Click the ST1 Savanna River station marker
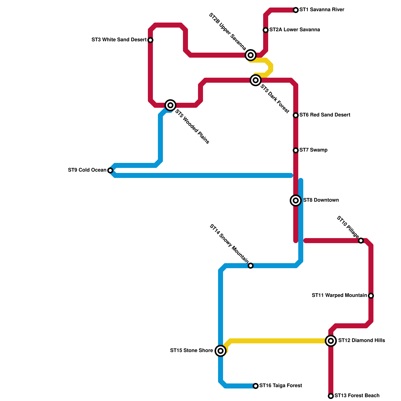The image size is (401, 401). click(296, 10)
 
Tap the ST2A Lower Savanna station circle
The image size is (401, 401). click(266, 30)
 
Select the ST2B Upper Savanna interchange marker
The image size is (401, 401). click(251, 55)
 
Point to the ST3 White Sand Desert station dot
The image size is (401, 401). click(150, 40)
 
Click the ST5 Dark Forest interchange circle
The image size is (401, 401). click(256, 80)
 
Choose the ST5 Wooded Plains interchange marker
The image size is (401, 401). click(170, 105)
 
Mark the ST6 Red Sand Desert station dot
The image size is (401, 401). click(296, 115)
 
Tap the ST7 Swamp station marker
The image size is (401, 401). click(296, 150)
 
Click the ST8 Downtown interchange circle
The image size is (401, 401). click(296, 200)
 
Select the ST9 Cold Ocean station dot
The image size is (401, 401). click(110, 170)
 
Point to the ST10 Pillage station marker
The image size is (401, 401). click(361, 241)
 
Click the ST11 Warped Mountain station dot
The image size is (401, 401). click(371, 296)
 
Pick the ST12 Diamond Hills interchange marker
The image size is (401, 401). click(331, 341)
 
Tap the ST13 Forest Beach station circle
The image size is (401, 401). click(331, 396)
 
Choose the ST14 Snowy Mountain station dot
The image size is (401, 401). click(251, 266)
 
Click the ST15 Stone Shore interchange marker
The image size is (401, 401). click(221, 351)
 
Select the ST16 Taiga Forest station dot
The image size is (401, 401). click(256, 386)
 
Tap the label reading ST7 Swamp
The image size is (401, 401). click(313, 150)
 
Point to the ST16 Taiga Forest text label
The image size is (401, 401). click(280, 386)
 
